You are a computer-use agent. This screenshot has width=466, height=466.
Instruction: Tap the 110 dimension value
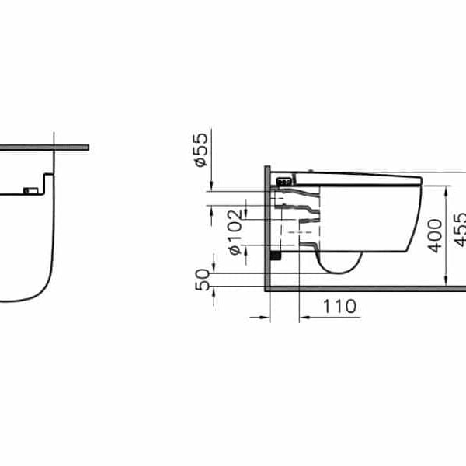click(x=340, y=306)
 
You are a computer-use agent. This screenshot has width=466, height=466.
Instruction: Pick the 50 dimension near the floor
click(x=201, y=279)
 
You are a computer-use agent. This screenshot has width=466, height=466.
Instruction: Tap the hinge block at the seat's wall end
click(x=285, y=180)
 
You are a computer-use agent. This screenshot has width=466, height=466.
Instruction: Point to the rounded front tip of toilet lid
click(x=419, y=180)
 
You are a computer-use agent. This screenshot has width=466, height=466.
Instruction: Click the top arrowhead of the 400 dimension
click(x=447, y=189)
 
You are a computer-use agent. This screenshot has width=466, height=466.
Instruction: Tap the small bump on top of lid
click(x=311, y=172)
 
